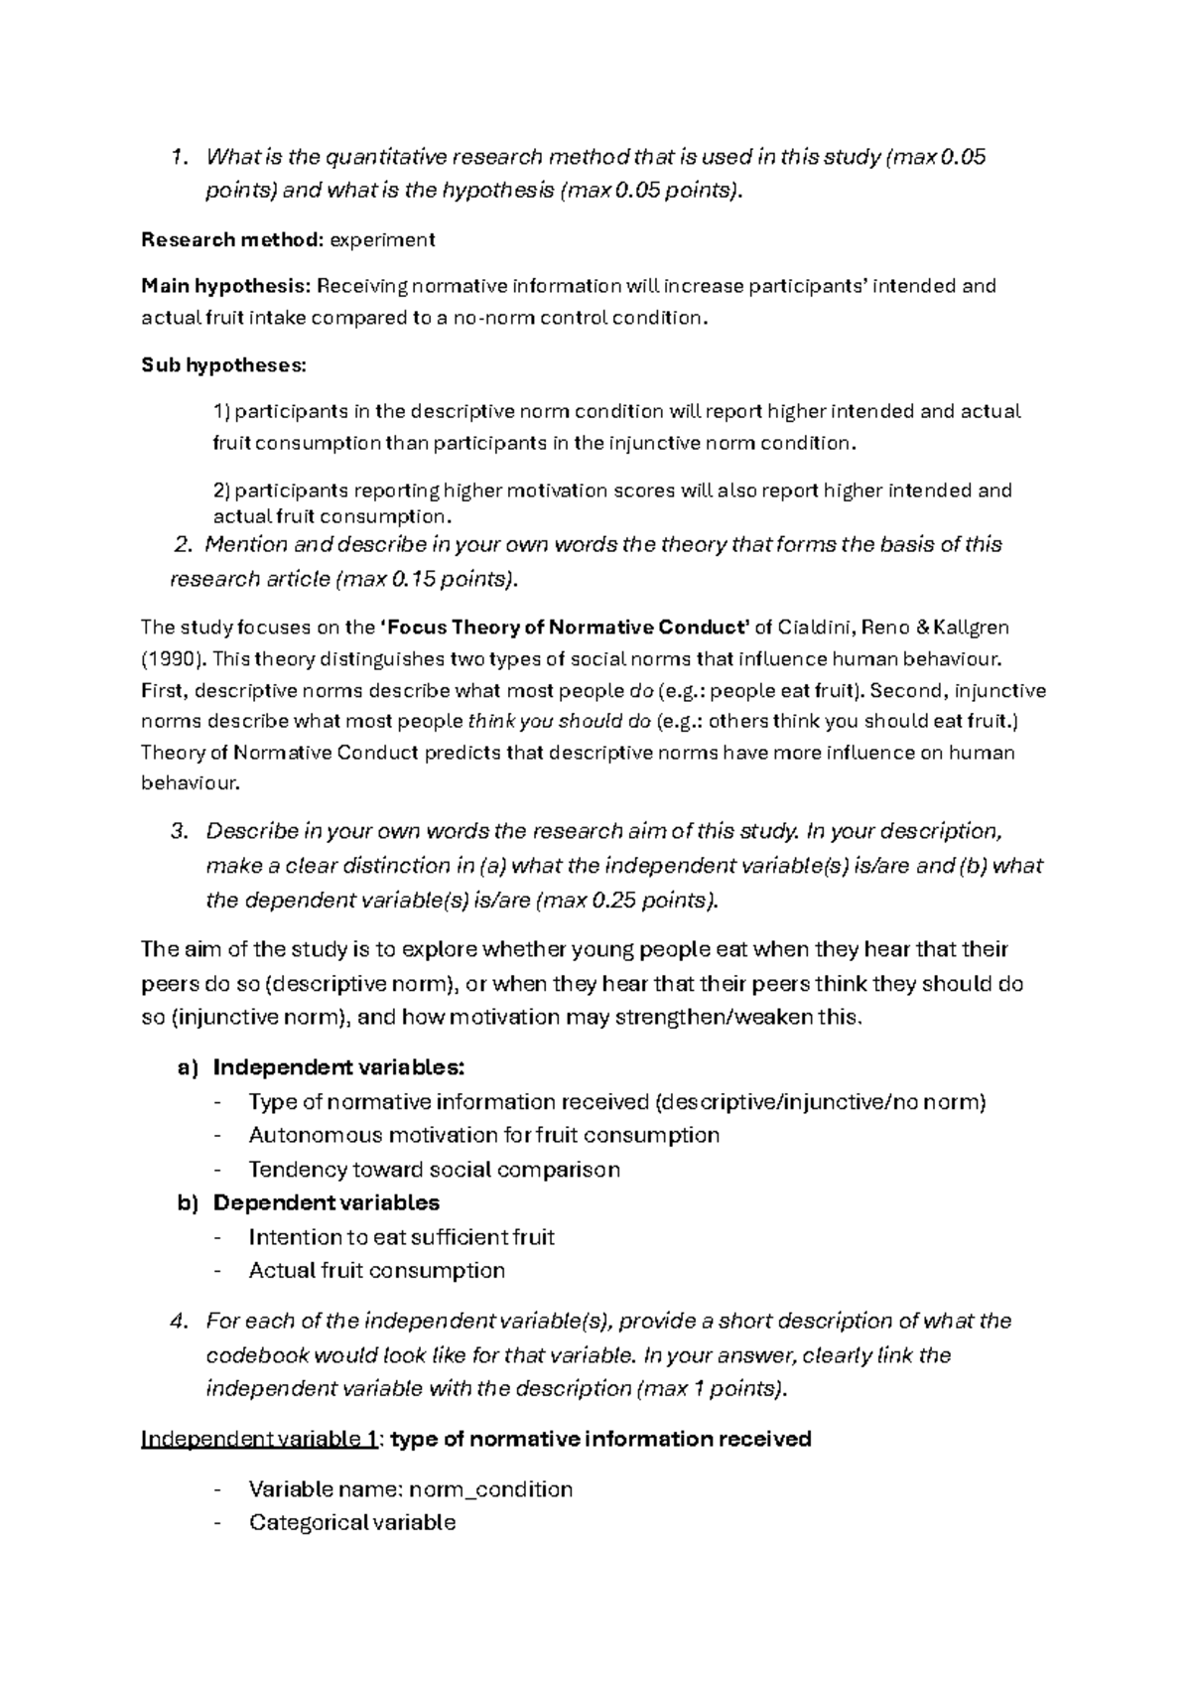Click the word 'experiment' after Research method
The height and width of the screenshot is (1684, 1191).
[x=382, y=239]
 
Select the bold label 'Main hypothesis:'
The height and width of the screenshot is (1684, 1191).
[x=225, y=286]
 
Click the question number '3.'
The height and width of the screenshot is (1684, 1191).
[x=180, y=830]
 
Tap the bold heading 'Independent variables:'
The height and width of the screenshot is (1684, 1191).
[x=338, y=1067]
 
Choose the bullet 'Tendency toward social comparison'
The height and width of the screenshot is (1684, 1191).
[x=434, y=1170]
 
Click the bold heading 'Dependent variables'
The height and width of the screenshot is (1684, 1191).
[x=326, y=1202]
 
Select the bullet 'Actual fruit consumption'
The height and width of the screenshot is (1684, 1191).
[x=376, y=1270]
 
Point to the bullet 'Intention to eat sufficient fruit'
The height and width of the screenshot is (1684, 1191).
[x=401, y=1237]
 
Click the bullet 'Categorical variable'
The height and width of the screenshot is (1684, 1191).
[x=351, y=1522]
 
